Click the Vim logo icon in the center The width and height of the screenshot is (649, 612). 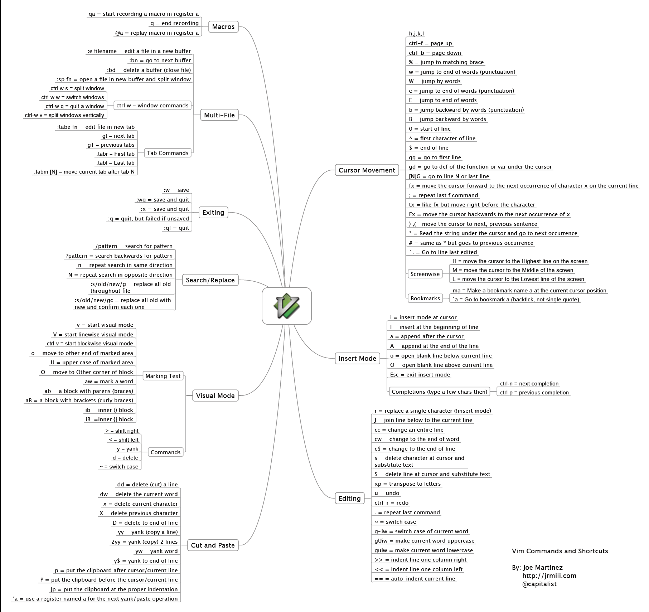286,306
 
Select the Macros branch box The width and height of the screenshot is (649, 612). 223,27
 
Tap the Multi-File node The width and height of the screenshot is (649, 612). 219,115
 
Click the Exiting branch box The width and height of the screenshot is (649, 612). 213,213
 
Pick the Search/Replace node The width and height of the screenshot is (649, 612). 210,280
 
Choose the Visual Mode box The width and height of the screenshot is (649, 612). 215,396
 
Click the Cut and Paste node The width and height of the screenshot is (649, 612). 213,545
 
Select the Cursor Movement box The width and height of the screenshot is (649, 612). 367,170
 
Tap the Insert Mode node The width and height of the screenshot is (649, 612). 357,359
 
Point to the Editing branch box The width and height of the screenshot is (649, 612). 349,499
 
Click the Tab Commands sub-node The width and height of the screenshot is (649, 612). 168,153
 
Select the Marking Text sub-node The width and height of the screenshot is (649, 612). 163,376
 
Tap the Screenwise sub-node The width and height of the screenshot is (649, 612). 425,274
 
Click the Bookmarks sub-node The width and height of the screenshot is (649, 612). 425,298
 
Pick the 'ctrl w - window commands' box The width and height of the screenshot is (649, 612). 152,106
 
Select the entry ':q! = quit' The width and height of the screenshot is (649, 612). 176,228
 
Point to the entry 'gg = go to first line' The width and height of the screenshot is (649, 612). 435,157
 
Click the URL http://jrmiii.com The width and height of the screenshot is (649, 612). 549,576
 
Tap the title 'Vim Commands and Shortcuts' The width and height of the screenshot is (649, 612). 560,551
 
